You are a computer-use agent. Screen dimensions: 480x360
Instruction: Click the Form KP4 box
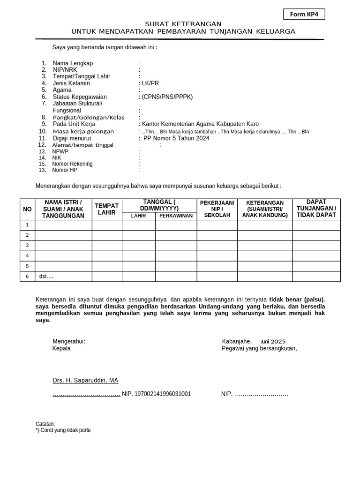pos(304,14)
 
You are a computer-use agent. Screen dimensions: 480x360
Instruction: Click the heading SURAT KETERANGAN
pos(183,24)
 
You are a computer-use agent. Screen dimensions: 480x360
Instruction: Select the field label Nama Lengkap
pos(73,63)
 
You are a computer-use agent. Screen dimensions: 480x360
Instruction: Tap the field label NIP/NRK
pos(65,70)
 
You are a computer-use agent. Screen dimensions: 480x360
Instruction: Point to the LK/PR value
pos(150,83)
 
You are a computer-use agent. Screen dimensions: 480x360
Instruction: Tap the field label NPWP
pos(60,152)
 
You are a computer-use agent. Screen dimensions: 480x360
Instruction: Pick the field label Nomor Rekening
pos(72,164)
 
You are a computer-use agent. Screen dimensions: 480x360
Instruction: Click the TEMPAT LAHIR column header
pos(107,209)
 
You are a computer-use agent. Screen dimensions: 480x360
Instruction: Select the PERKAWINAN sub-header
pos(176,216)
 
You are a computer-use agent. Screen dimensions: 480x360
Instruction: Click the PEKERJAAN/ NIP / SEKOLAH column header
pos(217,209)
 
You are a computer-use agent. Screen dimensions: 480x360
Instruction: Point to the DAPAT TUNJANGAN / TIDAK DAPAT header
pos(316,209)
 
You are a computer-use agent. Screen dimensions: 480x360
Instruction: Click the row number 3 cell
pos(28,246)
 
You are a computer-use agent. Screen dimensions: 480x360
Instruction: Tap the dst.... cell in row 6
pos(46,277)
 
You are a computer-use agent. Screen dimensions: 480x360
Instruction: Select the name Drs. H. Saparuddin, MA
pos(85,380)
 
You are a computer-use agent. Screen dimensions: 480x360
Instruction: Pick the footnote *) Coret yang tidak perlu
pos(63,430)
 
